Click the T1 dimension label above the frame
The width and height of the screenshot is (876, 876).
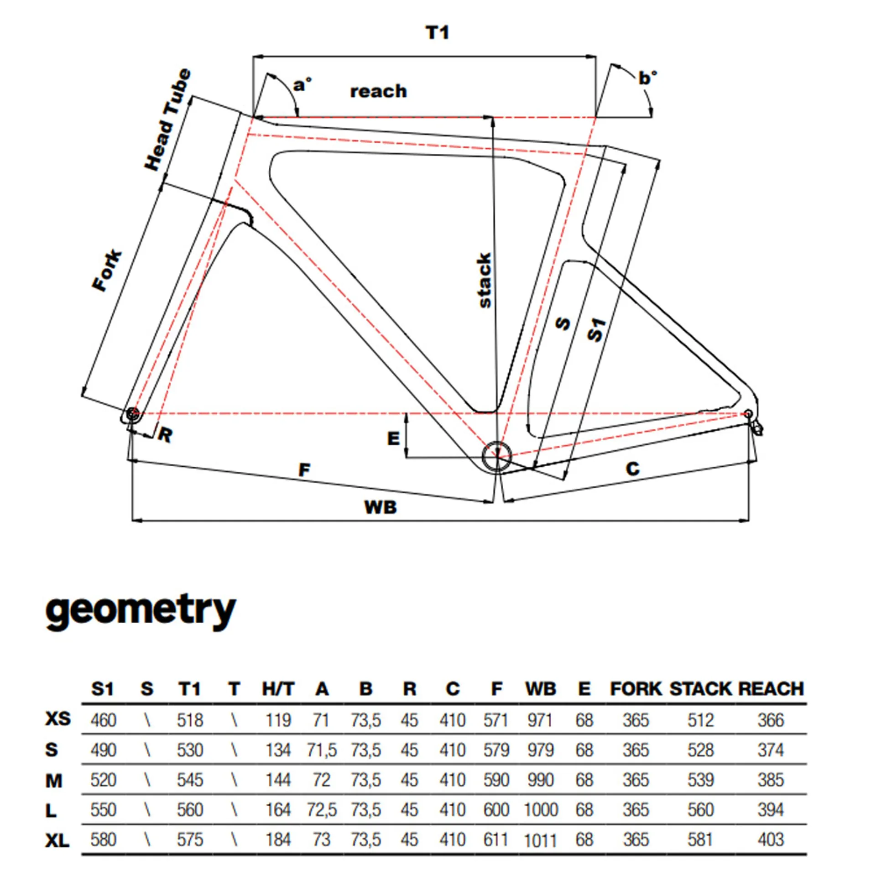[437, 33]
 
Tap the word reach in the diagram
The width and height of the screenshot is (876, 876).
[378, 91]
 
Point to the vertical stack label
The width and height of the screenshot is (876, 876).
[484, 280]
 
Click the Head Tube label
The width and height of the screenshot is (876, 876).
[167, 120]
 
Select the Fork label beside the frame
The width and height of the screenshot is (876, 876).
[108, 270]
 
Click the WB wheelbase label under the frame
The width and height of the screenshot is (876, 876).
[380, 507]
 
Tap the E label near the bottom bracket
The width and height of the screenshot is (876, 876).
[393, 438]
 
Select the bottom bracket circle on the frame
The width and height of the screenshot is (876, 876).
[497, 456]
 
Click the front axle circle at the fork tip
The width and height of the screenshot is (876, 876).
[132, 414]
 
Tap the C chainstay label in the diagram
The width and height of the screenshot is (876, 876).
[632, 469]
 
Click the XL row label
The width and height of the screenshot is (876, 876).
[57, 840]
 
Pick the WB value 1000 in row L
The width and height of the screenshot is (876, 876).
[541, 810]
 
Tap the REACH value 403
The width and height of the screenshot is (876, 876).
[771, 839]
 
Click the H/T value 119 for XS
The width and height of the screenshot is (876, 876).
[278, 720]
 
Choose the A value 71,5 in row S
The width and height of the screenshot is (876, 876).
[322, 750]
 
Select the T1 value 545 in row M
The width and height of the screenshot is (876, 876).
[190, 780]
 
